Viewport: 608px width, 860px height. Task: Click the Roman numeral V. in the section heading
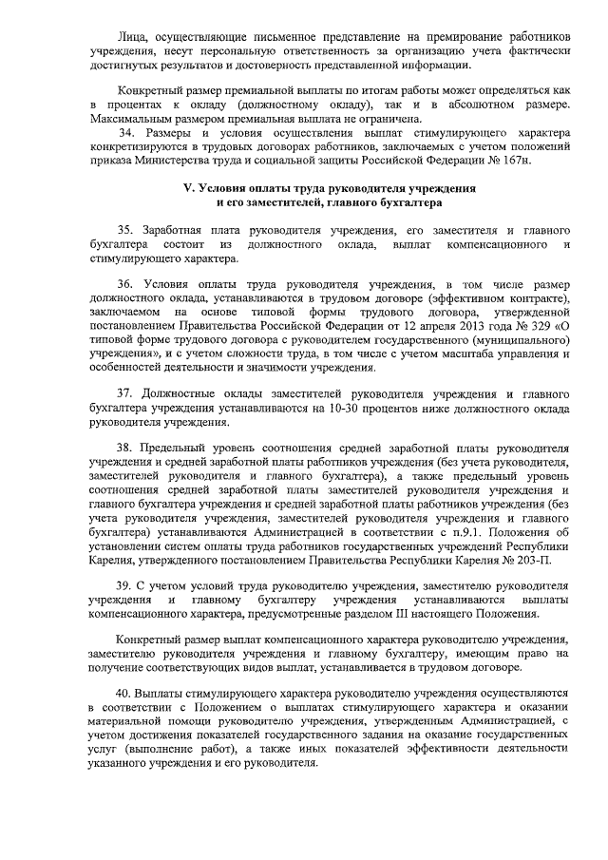click(x=189, y=188)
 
